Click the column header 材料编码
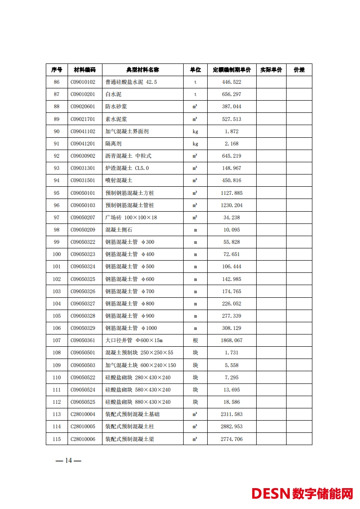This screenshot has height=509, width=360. (85, 70)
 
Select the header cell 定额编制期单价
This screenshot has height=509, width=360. (232, 70)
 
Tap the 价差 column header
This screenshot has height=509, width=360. (299, 70)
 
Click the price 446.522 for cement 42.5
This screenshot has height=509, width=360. (232, 82)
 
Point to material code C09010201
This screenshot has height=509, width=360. (83, 94)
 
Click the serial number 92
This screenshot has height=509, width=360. (57, 156)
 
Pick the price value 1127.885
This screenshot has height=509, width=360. (232, 193)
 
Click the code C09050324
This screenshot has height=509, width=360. (83, 267)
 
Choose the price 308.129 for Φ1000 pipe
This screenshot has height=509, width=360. (232, 328)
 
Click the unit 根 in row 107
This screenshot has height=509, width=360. (195, 340)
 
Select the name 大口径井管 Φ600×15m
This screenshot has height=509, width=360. (134, 340)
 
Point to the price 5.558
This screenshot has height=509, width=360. (232, 365)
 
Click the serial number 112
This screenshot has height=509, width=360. (57, 402)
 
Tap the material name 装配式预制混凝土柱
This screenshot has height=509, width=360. (130, 427)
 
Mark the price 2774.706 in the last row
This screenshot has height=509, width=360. (232, 439)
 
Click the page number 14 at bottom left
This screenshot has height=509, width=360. (68, 461)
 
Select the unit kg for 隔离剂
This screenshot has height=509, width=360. (195, 144)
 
